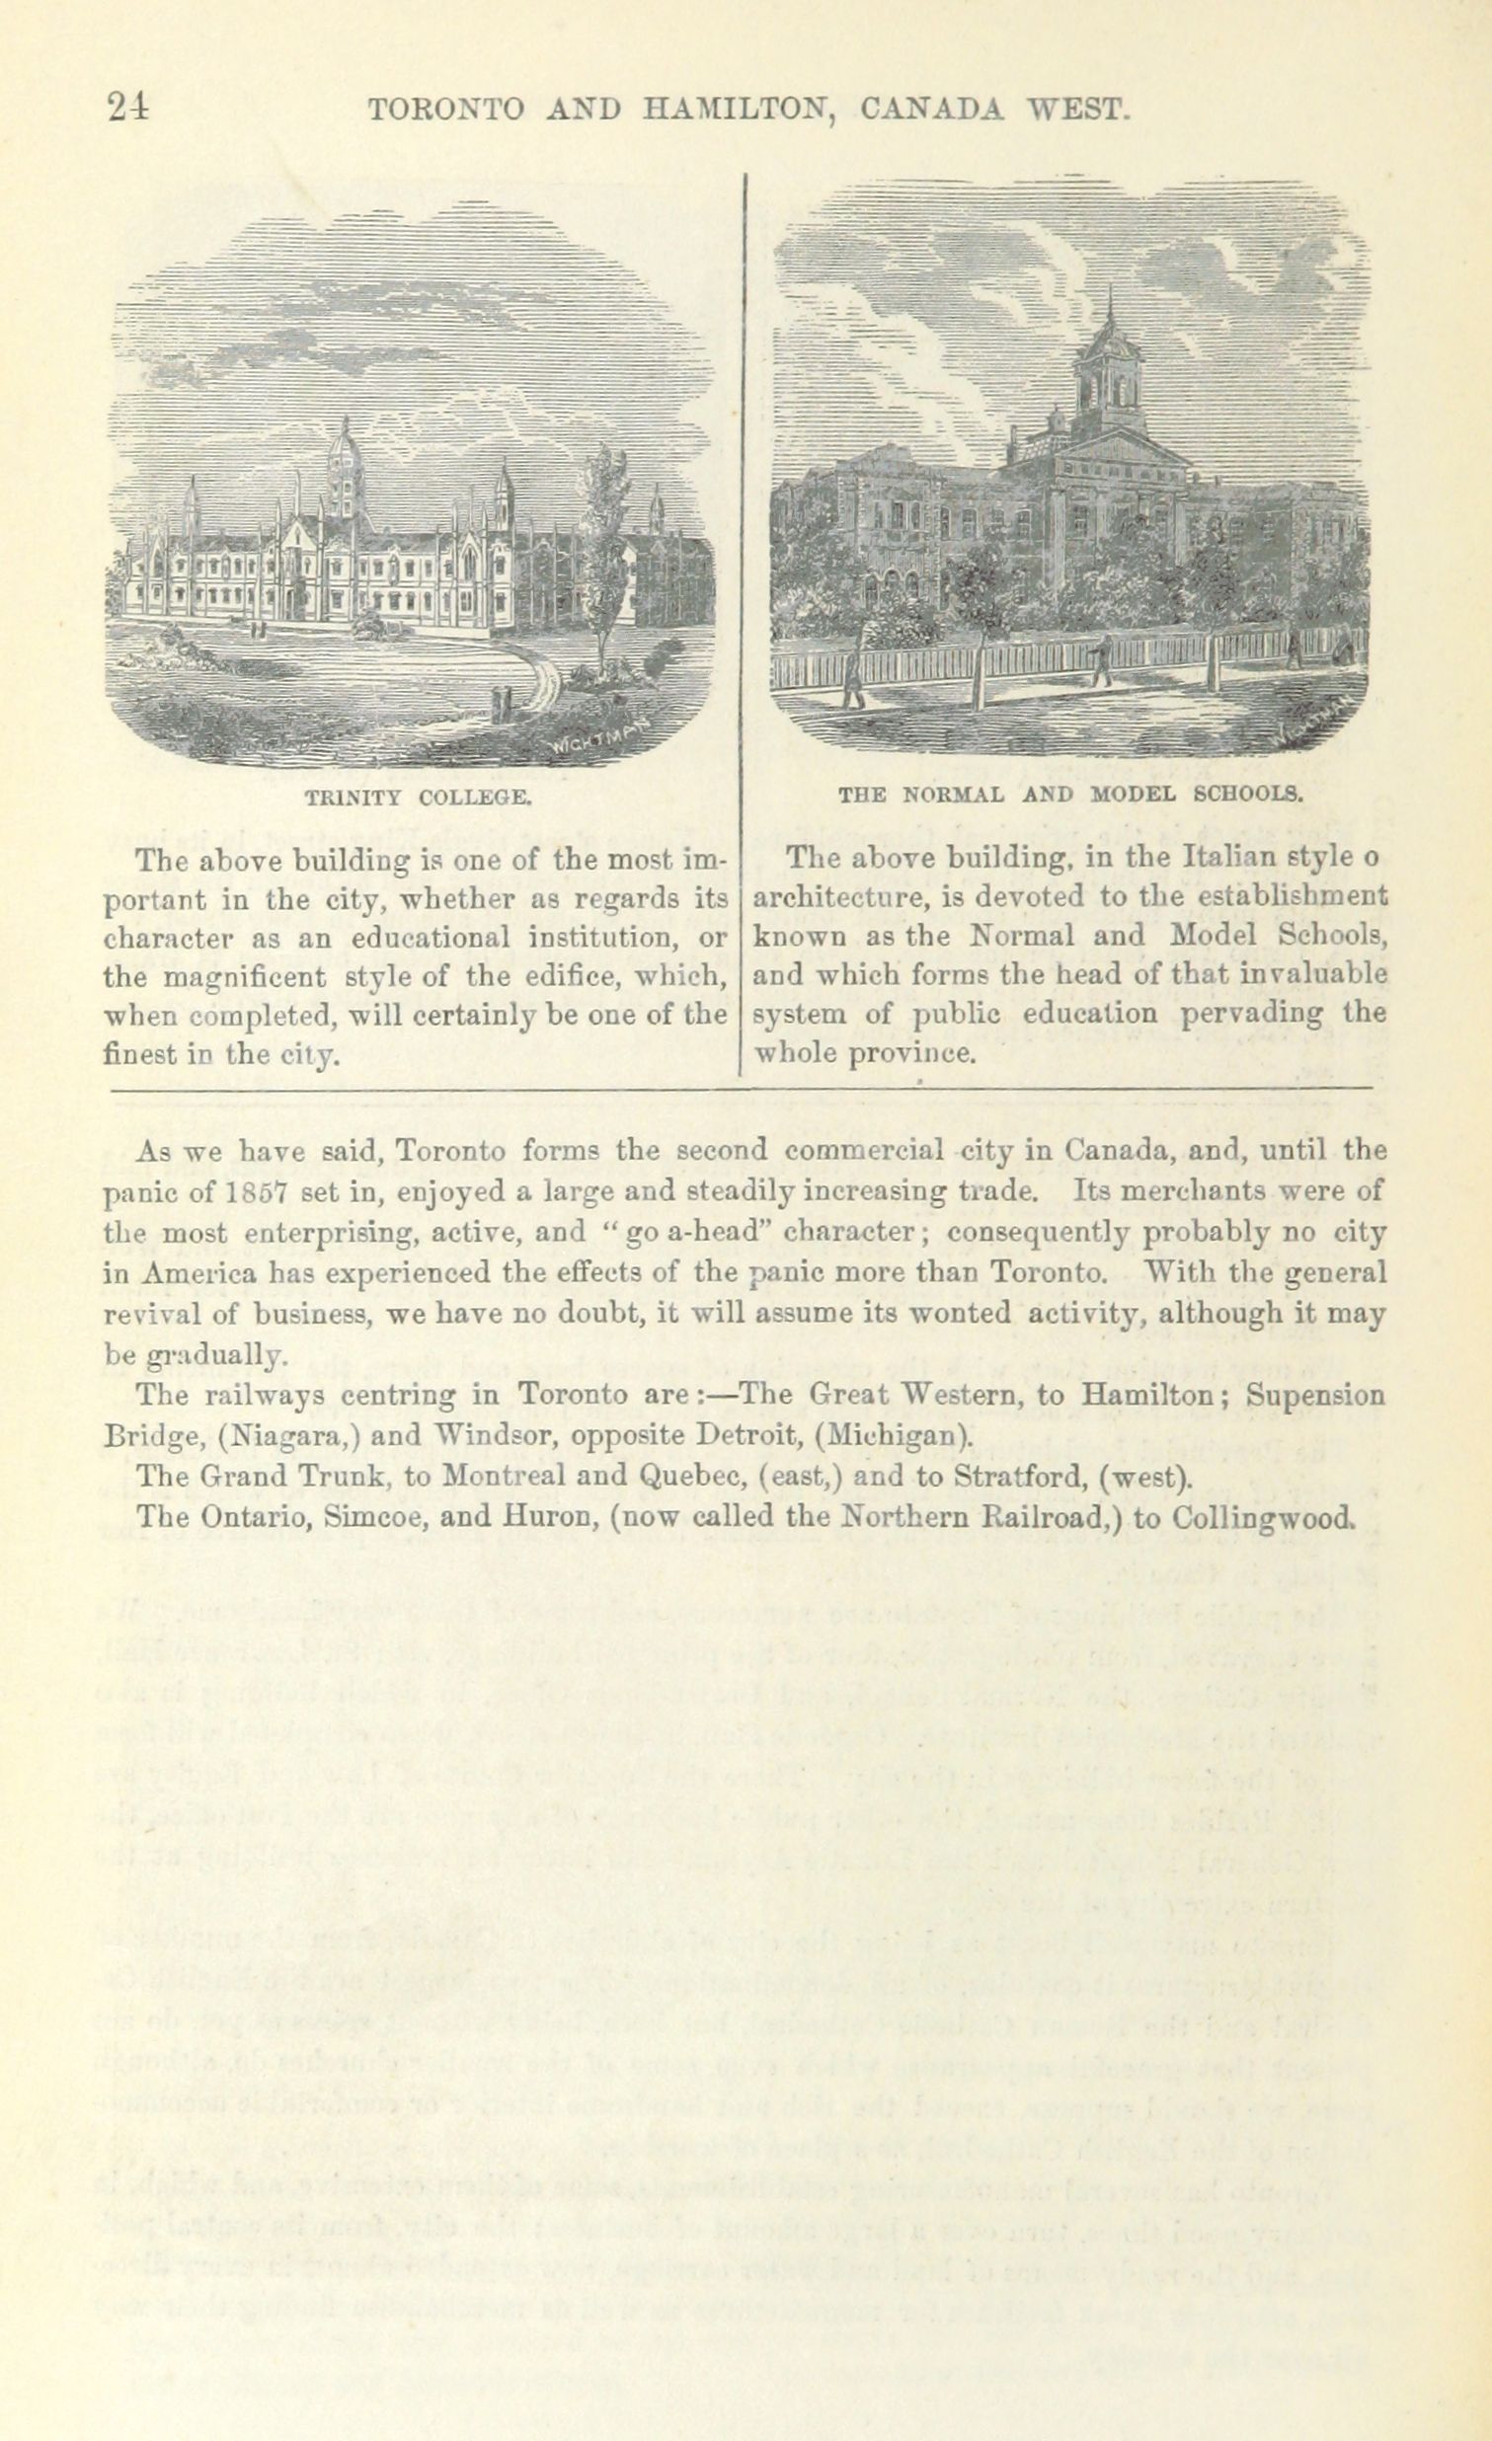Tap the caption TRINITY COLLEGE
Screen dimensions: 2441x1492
pyautogui.click(x=419, y=796)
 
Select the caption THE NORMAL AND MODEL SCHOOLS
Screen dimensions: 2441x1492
pyautogui.click(x=1068, y=794)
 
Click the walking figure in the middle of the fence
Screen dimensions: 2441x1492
pyautogui.click(x=1099, y=658)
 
